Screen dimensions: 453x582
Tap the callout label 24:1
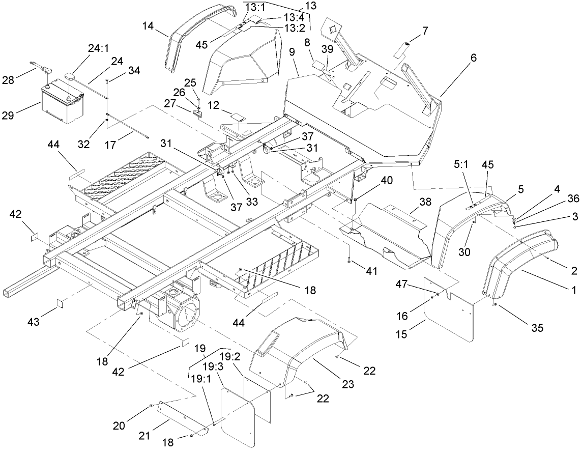99,48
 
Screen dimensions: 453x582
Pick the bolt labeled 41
350,261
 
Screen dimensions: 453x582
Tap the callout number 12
214,106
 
